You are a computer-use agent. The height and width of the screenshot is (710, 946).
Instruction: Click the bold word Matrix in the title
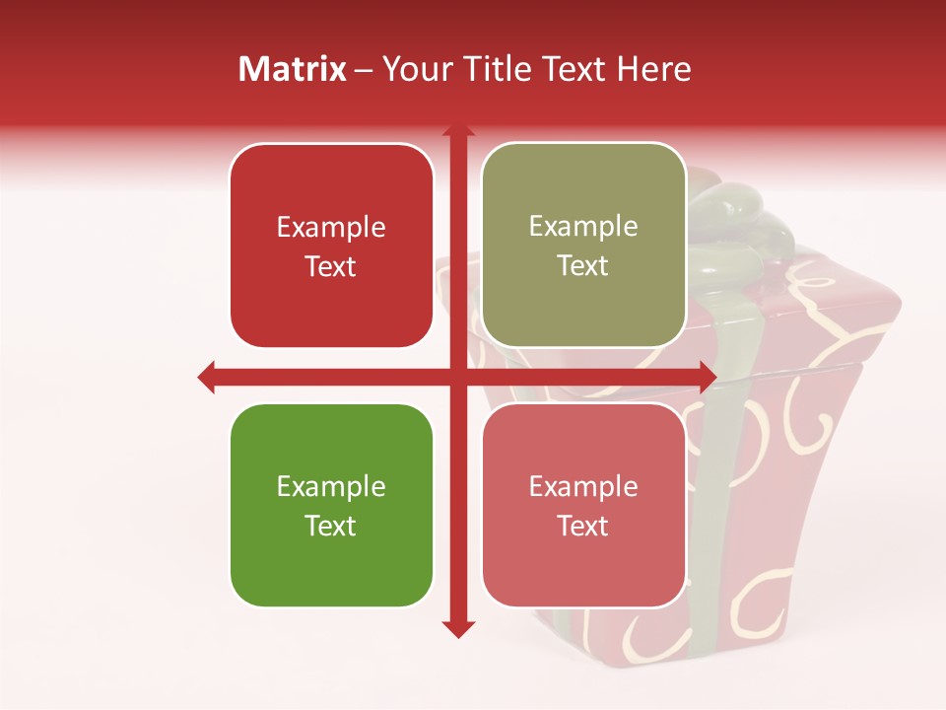(x=293, y=69)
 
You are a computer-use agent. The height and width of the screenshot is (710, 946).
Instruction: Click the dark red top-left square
(x=331, y=246)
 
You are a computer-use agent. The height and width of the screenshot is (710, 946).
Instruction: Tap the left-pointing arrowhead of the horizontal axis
(x=207, y=377)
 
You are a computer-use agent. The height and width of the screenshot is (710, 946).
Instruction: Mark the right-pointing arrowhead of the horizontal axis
(x=708, y=377)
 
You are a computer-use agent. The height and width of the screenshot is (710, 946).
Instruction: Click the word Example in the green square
(x=331, y=487)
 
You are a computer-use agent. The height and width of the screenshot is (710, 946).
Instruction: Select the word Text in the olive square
(x=583, y=266)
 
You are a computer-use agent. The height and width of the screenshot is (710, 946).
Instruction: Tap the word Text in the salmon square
(x=583, y=526)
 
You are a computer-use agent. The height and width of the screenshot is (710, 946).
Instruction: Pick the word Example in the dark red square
(x=331, y=228)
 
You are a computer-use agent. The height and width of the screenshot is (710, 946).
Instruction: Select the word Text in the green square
(x=331, y=526)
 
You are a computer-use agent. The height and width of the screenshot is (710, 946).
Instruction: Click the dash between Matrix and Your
(x=364, y=69)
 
